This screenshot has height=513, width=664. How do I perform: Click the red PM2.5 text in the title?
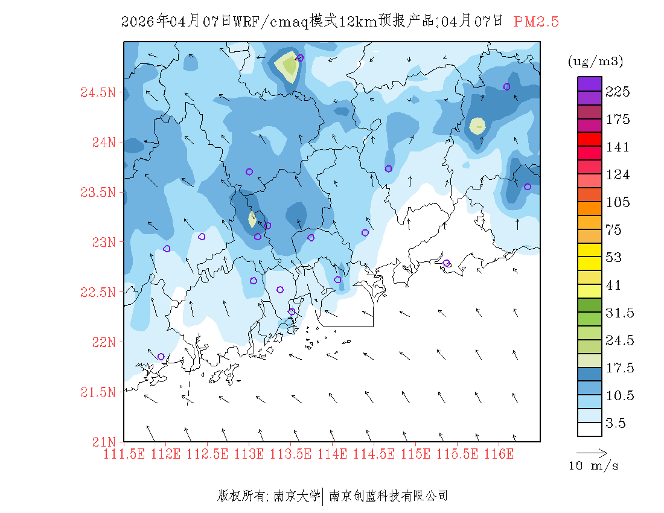[536, 22]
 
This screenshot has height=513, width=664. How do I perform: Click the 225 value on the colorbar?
[618, 92]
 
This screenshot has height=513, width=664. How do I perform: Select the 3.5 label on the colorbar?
[616, 424]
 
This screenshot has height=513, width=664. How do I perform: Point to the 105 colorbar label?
[618, 202]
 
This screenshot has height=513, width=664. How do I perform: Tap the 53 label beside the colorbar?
[613, 258]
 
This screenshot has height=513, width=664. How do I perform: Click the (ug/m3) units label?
[595, 61]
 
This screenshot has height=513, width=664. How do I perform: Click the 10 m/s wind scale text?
[593, 466]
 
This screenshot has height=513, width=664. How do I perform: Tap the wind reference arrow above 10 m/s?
[592, 452]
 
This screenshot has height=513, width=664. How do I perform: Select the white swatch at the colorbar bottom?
[589, 429]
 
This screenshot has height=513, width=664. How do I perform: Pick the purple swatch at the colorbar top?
[589, 83]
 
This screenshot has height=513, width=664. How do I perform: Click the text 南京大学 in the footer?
[296, 496]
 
